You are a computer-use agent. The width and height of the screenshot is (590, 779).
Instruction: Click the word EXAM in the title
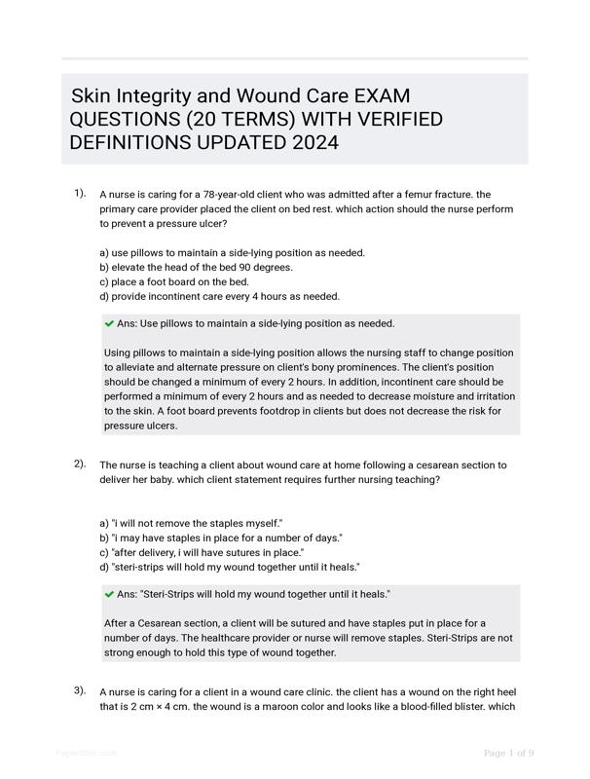tap(376, 96)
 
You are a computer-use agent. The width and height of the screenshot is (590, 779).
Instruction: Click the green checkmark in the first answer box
tap(109, 323)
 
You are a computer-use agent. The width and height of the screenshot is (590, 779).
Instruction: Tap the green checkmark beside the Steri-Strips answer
tap(109, 594)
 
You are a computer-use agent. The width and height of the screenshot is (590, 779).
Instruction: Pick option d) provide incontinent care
tap(219, 296)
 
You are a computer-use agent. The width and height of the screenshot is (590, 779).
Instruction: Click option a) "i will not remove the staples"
tap(191, 523)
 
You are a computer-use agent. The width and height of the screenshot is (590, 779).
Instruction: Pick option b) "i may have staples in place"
tap(220, 538)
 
